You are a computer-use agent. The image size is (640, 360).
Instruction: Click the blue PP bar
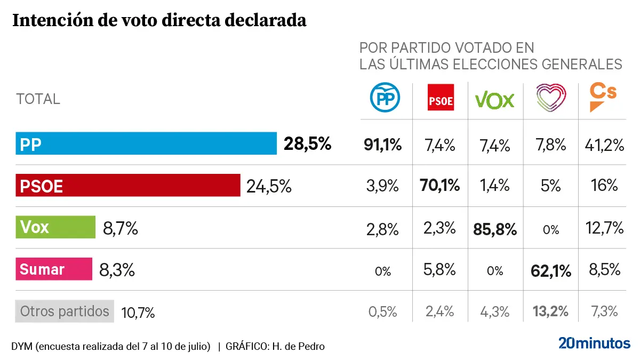pyautogui.click(x=146, y=143)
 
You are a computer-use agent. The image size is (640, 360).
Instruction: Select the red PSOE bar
pyautogui.click(x=128, y=186)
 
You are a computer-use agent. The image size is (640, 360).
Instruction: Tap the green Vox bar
pyautogui.click(x=55, y=228)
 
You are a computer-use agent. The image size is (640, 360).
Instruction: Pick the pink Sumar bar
pyautogui.click(x=54, y=269)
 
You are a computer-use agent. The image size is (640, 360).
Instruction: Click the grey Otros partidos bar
pyautogui.click(x=65, y=311)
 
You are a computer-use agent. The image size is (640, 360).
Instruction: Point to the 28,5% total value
pyautogui.click(x=307, y=143)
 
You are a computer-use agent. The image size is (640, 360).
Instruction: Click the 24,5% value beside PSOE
pyautogui.click(x=269, y=186)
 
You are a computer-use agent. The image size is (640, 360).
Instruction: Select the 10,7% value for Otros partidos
pyautogui.click(x=138, y=312)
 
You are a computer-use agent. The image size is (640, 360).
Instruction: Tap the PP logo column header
pyautogui.click(x=385, y=98)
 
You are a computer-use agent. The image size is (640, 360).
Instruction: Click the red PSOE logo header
pyautogui.click(x=441, y=98)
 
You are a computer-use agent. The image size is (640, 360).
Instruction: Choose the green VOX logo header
pyautogui.click(x=494, y=100)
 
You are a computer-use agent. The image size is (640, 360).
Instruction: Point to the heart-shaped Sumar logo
pyautogui.click(x=550, y=98)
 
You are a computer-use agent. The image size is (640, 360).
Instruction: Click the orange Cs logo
pyautogui.click(x=603, y=97)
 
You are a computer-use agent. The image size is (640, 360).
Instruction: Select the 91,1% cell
pyautogui.click(x=382, y=145)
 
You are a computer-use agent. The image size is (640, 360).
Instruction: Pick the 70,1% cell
pyautogui.click(x=441, y=186)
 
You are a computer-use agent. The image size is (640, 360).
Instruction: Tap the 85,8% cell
pyautogui.click(x=495, y=229)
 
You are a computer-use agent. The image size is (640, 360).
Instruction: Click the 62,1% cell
pyautogui.click(x=551, y=271)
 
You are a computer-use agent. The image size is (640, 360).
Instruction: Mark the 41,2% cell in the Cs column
pyautogui.click(x=604, y=145)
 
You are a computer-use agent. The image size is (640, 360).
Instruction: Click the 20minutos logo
pyautogui.click(x=594, y=343)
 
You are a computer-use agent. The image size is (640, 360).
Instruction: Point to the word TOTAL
pyautogui.click(x=38, y=99)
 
